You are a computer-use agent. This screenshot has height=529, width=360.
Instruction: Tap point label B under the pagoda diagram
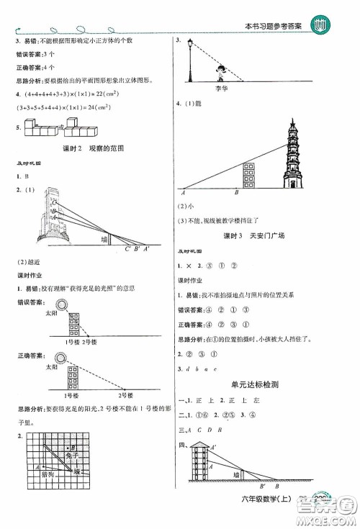[236, 192]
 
